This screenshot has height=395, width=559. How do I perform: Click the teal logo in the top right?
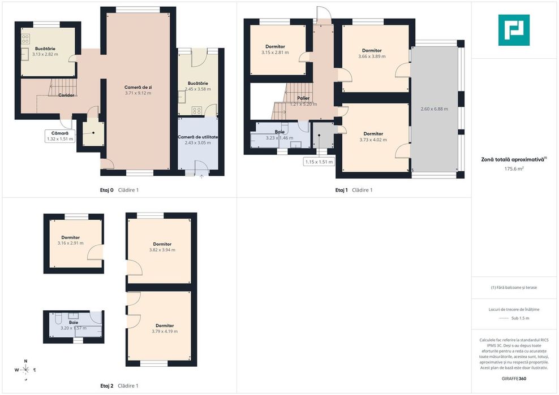pos(514,30)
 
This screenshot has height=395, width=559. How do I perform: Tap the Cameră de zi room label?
pos(138,87)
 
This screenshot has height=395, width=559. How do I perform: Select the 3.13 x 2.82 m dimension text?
pos(45,54)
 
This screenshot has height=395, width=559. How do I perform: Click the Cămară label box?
pos(60,136)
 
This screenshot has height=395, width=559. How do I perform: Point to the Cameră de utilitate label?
pos(198,137)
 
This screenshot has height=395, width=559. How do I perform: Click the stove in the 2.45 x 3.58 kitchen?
pos(196,111)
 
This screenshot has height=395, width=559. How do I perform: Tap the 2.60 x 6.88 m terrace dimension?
pos(434,109)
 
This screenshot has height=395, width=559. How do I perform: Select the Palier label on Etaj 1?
pos(303,98)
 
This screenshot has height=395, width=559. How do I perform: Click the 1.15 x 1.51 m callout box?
pos(319,162)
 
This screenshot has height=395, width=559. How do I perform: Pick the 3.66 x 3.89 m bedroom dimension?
pos(372,57)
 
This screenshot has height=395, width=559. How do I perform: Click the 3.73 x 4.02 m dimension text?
pos(373,140)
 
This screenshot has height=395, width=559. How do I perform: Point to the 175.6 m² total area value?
pos(514,169)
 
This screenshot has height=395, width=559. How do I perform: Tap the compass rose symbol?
pos(25,370)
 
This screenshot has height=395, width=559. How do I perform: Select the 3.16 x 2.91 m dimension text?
pos(71,243)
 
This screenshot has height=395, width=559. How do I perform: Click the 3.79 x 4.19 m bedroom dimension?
pos(165,331)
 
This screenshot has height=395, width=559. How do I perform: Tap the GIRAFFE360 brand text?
pos(514,379)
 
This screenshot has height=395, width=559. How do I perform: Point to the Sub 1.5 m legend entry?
pos(520,318)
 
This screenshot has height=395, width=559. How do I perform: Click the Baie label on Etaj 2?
pos(74,322)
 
